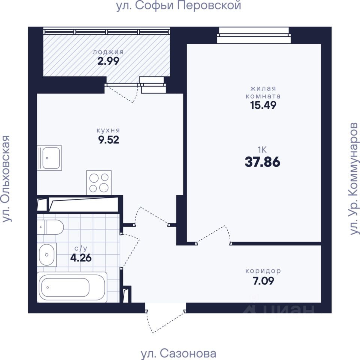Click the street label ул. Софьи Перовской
click(178, 6)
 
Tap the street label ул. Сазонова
click(178, 354)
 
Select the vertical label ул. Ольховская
click(6, 178)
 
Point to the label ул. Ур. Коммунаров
click(354, 178)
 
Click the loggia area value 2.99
click(108, 61)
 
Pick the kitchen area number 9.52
click(109, 140)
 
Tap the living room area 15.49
click(263, 105)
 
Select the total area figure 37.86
click(262, 162)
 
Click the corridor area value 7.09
click(263, 281)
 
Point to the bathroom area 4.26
click(81, 258)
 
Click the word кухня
click(108, 130)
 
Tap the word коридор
click(263, 271)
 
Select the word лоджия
click(108, 52)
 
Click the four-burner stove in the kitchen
click(99, 183)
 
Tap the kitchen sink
click(49, 158)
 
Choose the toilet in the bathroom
click(51, 227)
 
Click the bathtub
click(72, 287)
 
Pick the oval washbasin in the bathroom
click(47, 255)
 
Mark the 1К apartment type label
click(262, 150)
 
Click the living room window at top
click(254, 35)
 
